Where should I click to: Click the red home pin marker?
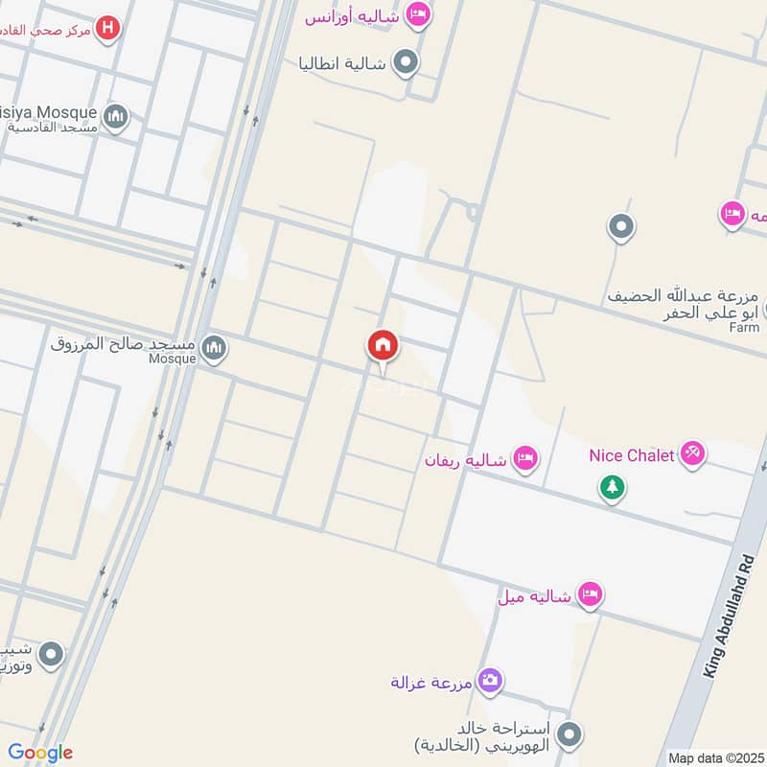[383, 346]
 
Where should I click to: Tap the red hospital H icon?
[109, 29]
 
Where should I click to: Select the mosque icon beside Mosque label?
[215, 348]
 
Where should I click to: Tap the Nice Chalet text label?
[632, 455]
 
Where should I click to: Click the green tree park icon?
[612, 487]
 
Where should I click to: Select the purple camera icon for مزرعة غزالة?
[489, 680]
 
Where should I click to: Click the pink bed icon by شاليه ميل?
[590, 595]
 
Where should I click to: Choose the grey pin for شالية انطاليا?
[407, 63]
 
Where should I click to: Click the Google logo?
[39, 753]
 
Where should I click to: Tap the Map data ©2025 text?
[714, 757]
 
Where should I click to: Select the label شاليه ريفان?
[465, 461]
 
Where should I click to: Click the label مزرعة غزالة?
[432, 683]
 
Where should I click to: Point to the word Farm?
[744, 328]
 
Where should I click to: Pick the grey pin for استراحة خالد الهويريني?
[569, 735]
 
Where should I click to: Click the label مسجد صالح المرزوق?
[123, 342]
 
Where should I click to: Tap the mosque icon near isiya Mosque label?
[116, 117]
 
